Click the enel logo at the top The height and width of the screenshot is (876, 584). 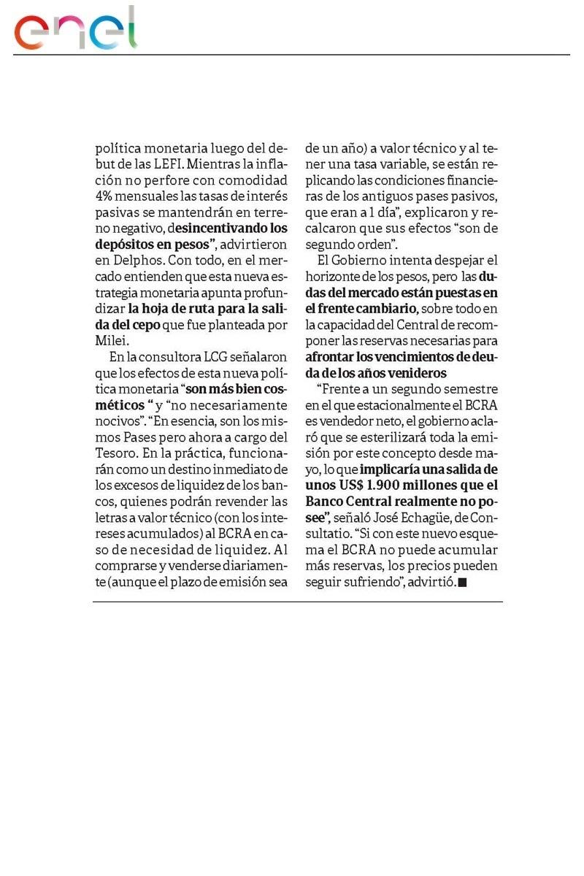pos(75,29)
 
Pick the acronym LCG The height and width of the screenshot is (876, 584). pos(193,357)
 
